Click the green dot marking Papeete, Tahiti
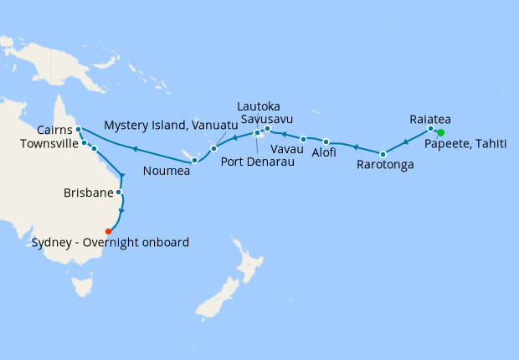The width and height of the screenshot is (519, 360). click(x=440, y=133)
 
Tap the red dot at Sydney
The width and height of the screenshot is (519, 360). click(x=107, y=231)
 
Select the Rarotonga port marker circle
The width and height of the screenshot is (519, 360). click(x=383, y=154)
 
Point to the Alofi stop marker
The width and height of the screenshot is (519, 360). click(x=326, y=141)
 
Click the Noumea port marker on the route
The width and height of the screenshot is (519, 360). click(x=194, y=160)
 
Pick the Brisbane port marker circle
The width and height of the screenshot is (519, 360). click(x=119, y=193)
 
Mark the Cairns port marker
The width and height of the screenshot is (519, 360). click(x=77, y=130)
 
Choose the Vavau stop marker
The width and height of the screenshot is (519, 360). click(x=303, y=139)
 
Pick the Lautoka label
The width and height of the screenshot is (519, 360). click(x=258, y=106)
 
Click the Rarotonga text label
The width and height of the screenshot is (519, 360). click(x=385, y=165)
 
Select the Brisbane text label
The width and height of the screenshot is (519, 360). click(x=88, y=193)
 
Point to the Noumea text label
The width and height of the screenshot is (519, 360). click(x=167, y=171)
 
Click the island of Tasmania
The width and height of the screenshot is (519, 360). click(x=82, y=286)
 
